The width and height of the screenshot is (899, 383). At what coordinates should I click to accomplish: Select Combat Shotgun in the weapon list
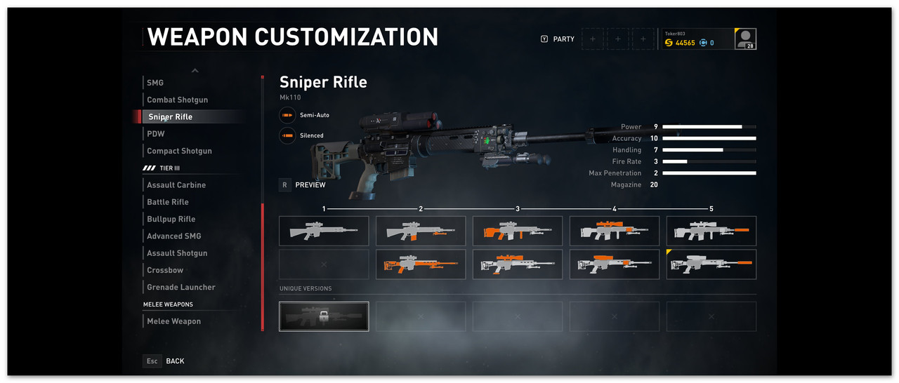[177, 100]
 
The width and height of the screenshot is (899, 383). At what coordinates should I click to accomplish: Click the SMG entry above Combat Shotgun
[155, 83]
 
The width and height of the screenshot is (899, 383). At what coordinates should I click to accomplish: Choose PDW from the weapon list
[156, 134]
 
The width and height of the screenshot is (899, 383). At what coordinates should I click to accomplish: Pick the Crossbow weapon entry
[165, 270]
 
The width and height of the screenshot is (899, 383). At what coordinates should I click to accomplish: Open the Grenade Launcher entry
[181, 287]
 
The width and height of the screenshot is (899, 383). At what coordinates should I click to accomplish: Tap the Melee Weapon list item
[173, 321]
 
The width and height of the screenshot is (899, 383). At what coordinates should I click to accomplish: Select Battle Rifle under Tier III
[168, 202]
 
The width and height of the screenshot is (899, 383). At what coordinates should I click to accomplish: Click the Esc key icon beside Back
[152, 361]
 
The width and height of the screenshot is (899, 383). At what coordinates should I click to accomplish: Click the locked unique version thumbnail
[324, 316]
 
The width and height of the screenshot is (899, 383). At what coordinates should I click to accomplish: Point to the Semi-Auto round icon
[287, 115]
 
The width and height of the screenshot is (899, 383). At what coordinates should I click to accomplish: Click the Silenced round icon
[287, 135]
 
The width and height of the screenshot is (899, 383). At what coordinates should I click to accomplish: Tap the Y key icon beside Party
[544, 39]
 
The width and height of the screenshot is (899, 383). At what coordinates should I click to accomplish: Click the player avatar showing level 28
[745, 39]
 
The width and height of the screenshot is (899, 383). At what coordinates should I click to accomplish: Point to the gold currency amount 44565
[685, 43]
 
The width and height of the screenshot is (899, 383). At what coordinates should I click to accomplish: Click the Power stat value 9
[655, 127]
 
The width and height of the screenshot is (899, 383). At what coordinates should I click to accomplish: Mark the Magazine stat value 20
[654, 184]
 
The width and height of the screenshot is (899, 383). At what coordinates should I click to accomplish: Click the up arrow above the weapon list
[195, 70]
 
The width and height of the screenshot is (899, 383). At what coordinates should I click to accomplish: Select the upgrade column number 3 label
[518, 209]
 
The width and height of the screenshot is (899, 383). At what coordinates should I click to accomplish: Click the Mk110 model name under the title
[290, 97]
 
